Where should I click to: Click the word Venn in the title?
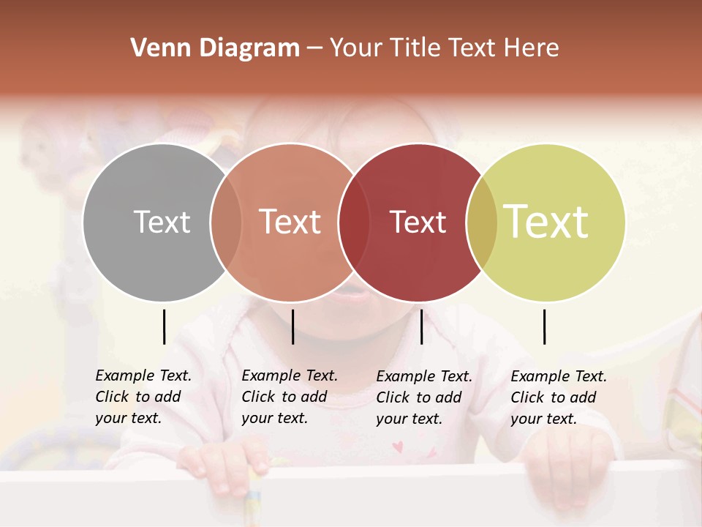[x=156, y=48]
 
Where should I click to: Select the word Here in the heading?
[x=532, y=48]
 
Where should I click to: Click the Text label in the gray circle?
[x=162, y=222]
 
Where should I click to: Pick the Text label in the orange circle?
[x=290, y=222]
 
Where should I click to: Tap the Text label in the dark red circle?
[x=418, y=222]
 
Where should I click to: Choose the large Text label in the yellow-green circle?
[x=546, y=222]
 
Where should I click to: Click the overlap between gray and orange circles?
[x=226, y=222]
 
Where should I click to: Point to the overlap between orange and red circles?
[x=354, y=222]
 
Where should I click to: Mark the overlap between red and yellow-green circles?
[x=482, y=222]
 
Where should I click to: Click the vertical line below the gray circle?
[x=165, y=326]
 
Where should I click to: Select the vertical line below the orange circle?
[x=292, y=326]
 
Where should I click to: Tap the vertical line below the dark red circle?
[x=421, y=326]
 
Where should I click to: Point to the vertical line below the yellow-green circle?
[x=545, y=326]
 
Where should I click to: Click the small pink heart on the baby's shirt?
[x=398, y=446]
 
